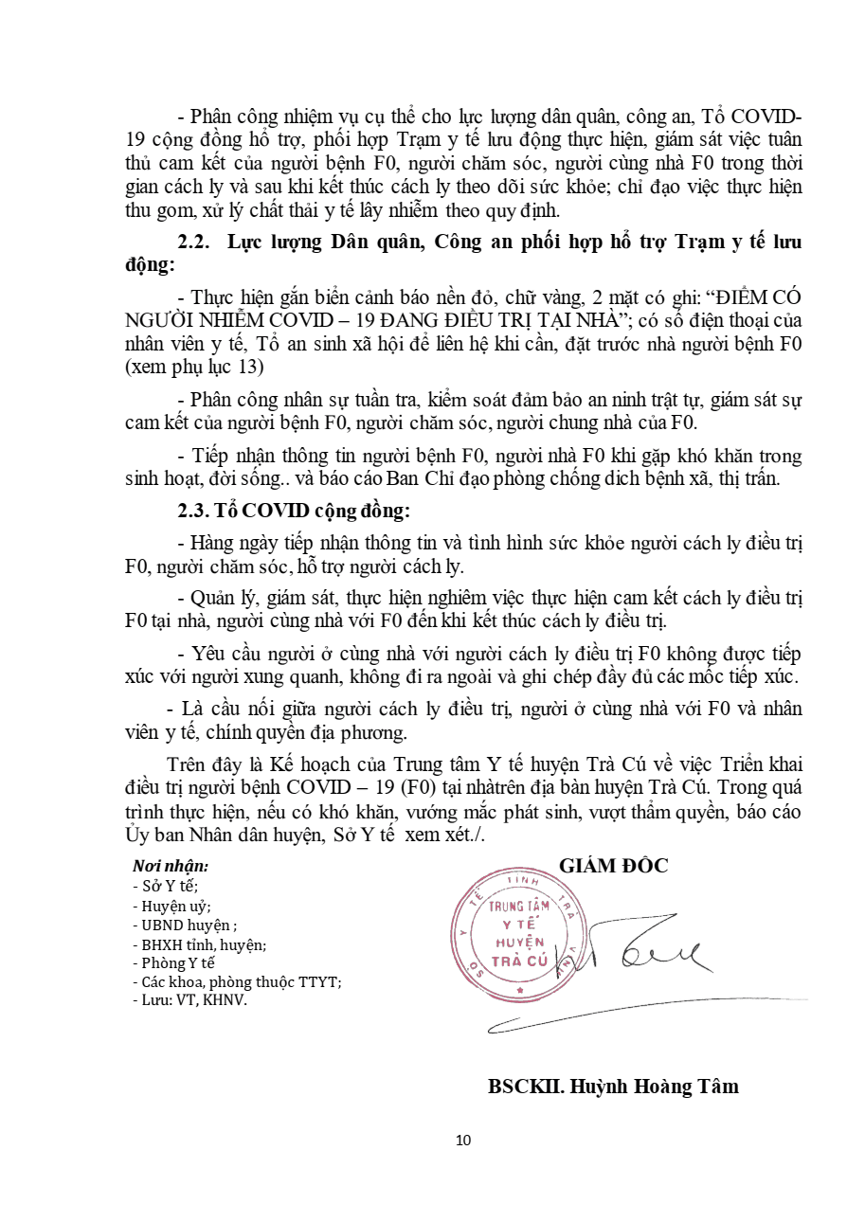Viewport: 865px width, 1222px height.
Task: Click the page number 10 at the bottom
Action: pos(463,1140)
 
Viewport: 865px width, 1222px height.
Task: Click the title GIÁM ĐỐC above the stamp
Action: pos(613,865)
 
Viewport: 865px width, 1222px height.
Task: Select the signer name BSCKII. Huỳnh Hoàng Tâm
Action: pos(613,1086)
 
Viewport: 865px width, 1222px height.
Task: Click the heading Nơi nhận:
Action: pos(171,866)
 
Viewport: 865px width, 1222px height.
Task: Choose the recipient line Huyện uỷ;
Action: pos(171,906)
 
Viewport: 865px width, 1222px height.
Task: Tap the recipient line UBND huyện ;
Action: pos(185,925)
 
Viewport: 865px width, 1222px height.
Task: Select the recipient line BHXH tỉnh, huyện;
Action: pos(199,944)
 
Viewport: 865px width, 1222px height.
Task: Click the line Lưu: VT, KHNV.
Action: pos(189,999)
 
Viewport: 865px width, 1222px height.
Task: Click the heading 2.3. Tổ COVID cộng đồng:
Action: pos(294,511)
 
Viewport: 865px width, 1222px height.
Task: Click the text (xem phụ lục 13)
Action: pos(194,367)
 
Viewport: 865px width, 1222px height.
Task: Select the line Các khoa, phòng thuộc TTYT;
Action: pos(237,981)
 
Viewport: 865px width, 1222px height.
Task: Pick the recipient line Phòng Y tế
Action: pos(174,962)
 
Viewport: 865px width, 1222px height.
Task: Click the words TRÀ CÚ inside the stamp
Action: pos(519,961)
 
